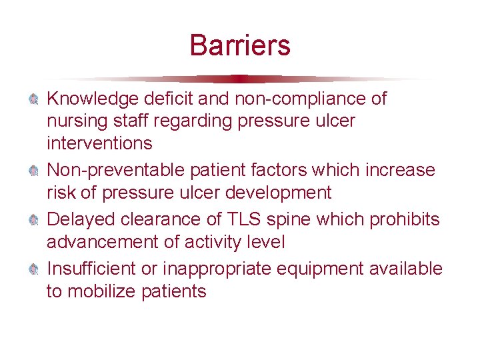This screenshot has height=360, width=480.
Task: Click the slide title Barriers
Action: coord(240,45)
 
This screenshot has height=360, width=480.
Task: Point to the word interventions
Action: coord(99,143)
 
